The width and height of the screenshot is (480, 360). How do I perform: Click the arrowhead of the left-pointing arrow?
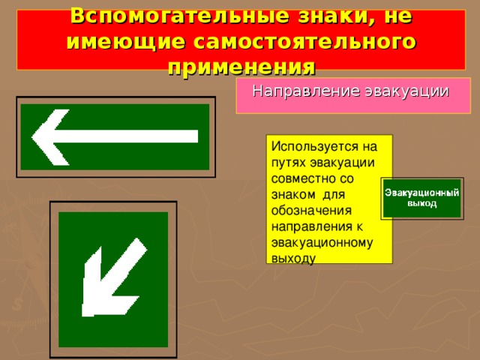[49, 136]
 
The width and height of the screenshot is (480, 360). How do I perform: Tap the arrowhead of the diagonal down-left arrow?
[101, 288]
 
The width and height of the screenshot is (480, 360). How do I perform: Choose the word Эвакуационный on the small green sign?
[421, 193]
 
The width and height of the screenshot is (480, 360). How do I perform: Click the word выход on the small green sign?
[421, 202]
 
